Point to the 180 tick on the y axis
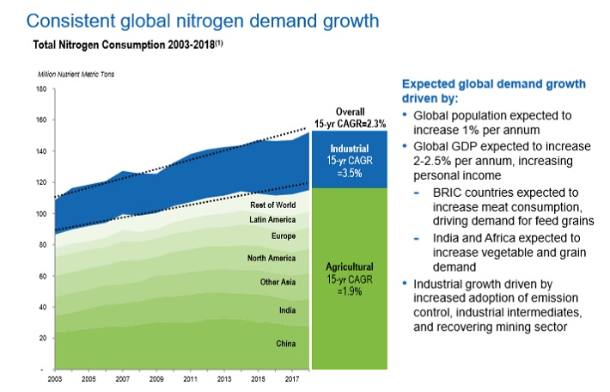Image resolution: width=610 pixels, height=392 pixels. point(40,89)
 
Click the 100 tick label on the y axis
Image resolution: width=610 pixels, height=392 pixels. point(40,213)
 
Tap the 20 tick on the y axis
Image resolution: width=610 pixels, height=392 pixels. point(42,338)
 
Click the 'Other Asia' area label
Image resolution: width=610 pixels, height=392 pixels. point(278,282)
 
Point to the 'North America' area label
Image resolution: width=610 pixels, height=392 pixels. point(271,257)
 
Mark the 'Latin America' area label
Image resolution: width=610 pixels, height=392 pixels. point(272,220)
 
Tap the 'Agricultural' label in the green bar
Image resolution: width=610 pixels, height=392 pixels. point(349,266)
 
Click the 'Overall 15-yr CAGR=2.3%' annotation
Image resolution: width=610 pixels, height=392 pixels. point(349,116)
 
